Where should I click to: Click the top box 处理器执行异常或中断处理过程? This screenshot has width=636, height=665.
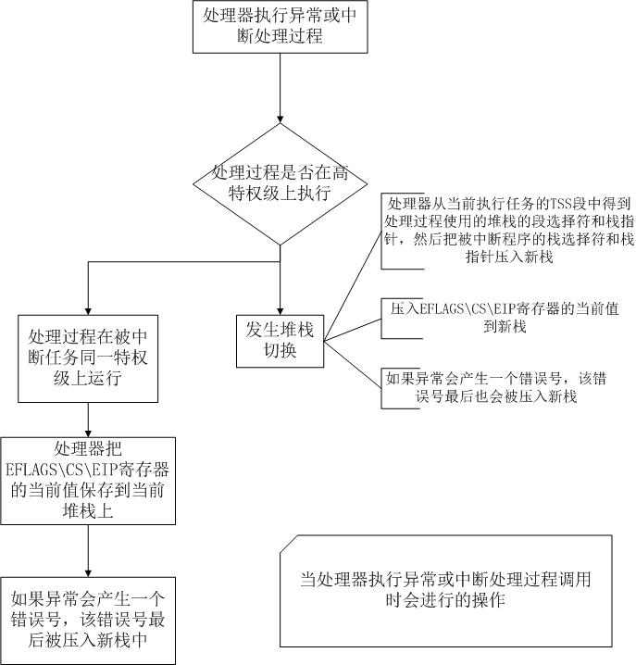click(x=279, y=28)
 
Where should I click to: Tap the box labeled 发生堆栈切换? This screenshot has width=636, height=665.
click(x=280, y=342)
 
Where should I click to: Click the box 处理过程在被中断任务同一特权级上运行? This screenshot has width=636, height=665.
click(x=87, y=358)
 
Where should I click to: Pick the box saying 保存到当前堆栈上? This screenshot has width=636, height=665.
click(x=87, y=480)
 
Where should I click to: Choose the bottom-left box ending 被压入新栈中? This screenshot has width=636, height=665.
click(x=87, y=619)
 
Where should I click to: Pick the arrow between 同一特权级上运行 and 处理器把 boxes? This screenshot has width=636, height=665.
click(x=87, y=420)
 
